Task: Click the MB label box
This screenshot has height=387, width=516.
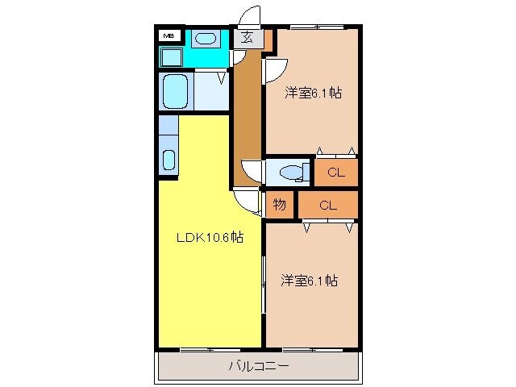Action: tap(169, 36)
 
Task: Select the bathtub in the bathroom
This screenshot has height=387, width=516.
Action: tap(174, 90)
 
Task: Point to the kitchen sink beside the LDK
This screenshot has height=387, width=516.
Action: tap(169, 159)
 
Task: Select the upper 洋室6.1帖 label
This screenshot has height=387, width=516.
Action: tap(313, 93)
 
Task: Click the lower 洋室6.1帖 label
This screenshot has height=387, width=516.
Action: tap(310, 281)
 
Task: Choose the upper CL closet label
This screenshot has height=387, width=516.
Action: tap(335, 172)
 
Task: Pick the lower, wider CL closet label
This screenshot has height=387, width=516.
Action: tap(327, 205)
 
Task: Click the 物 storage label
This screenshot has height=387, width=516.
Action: tap(279, 205)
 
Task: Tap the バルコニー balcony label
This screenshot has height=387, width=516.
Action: tap(259, 367)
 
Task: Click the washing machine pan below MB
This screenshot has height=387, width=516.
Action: tap(171, 57)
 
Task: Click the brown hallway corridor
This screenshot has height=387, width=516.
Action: tap(246, 113)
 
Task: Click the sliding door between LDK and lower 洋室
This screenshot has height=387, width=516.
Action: tap(263, 282)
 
